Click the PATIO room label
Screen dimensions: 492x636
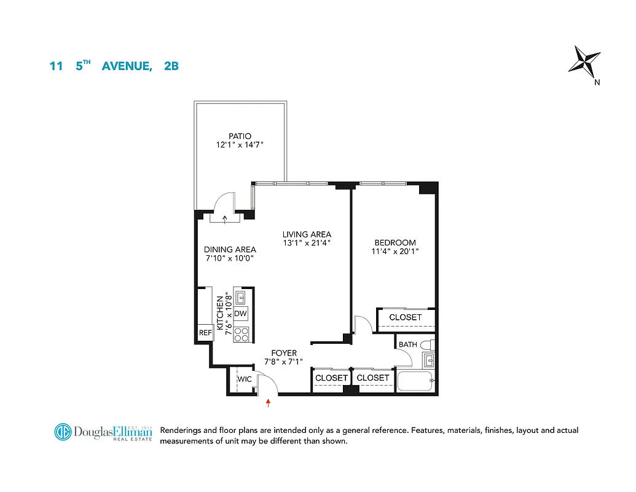(240, 137)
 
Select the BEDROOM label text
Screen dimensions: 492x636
(395, 243)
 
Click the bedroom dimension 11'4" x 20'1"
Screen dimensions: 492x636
(395, 252)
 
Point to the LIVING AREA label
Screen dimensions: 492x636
(307, 234)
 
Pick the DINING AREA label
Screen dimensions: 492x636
(230, 250)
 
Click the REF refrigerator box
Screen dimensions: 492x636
(205, 333)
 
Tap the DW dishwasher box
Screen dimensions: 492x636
(241, 314)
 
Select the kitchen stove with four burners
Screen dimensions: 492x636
(241, 335)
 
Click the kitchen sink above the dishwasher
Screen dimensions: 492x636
(241, 298)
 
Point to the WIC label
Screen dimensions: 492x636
(245, 379)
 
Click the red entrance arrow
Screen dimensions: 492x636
(269, 403)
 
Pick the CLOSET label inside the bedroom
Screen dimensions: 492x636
(406, 317)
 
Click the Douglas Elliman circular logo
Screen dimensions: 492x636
(63, 432)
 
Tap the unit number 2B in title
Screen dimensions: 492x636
(171, 66)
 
